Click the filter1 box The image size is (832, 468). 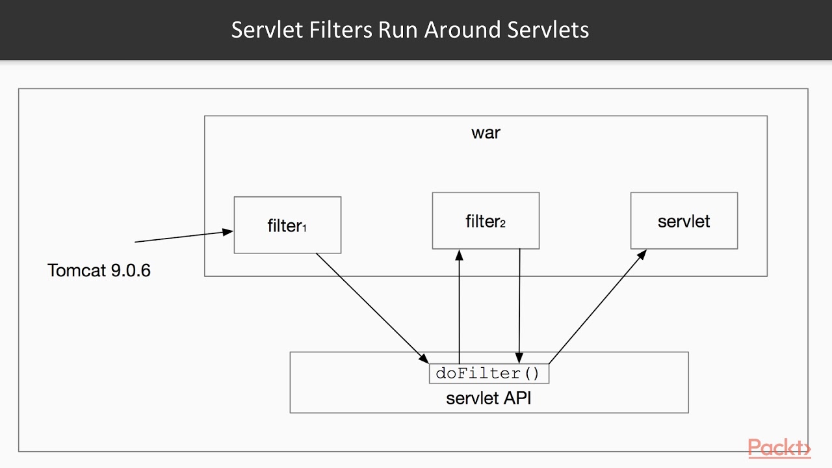(287, 225)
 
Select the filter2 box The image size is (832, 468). (486, 221)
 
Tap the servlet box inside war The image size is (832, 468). (684, 221)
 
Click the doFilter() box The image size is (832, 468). (488, 374)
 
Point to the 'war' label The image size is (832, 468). (486, 133)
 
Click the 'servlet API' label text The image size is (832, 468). (488, 398)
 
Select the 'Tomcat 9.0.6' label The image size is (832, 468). (99, 270)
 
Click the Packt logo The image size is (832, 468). (779, 448)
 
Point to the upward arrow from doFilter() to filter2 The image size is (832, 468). (460, 305)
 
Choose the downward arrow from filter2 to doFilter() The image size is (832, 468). (519, 305)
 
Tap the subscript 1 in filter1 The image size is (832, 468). (304, 229)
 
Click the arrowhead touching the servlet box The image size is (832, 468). (642, 254)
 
